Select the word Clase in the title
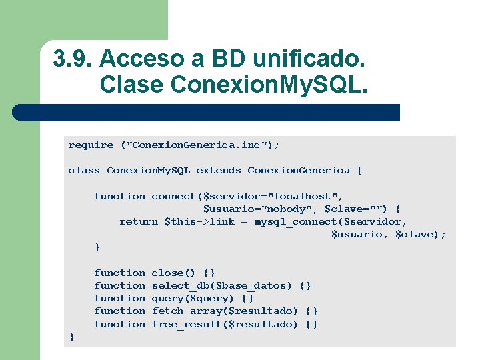(x=131, y=85)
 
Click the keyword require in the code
(x=91, y=145)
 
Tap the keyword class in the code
(x=84, y=170)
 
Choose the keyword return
(x=139, y=221)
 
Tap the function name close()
(x=173, y=273)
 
